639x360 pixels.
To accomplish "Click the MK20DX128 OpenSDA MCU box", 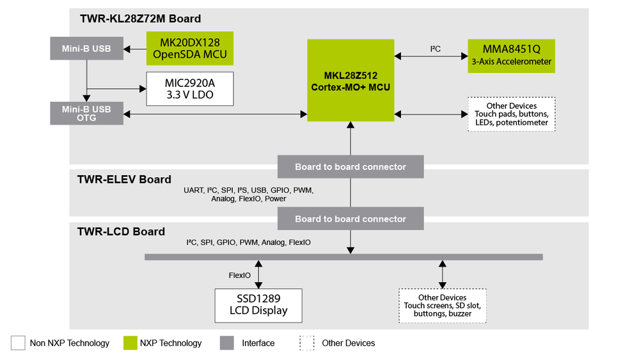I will point(190,48).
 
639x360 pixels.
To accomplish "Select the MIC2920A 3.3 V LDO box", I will point(190,89).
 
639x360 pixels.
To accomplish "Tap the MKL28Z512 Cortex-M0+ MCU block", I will point(351,81).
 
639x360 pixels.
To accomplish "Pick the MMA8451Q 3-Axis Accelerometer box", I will point(512,56).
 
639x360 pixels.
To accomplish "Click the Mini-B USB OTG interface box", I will point(86,113).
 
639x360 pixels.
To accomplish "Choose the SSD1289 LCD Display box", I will point(258,305).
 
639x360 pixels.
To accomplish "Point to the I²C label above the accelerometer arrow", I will point(435,49).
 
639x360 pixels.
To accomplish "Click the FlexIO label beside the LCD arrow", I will point(240,276).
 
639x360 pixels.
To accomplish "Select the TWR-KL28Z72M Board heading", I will point(140,19).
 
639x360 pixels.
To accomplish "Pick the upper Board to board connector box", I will point(351,167).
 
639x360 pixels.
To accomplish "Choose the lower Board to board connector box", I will point(351,219).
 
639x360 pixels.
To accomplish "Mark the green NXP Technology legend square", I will point(130,343).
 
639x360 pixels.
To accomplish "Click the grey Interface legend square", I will point(227,343).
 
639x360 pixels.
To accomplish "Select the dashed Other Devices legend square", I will point(307,343).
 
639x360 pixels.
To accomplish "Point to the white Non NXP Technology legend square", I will point(18,343).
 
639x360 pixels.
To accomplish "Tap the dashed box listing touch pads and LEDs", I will point(511,114).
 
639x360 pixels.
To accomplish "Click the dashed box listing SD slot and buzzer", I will point(443,306).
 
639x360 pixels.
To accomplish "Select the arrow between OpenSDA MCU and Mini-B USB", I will point(135,48).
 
